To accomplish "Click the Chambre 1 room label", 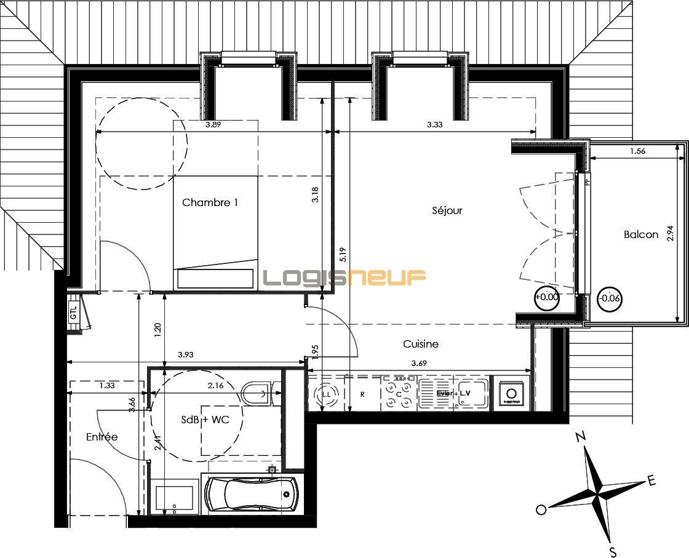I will pyautogui.click(x=210, y=202).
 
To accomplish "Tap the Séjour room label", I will pyautogui.click(x=447, y=210).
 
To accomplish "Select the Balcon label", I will pyautogui.click(x=640, y=234).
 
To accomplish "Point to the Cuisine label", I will pyautogui.click(x=420, y=344).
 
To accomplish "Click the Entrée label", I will pyautogui.click(x=102, y=437).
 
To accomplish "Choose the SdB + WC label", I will pyautogui.click(x=205, y=420).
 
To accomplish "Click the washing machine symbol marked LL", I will pyautogui.click(x=327, y=394).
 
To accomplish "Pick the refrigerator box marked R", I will pyautogui.click(x=362, y=394).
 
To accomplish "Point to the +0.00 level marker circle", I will pyautogui.click(x=546, y=297).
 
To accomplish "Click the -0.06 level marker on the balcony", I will pyautogui.click(x=610, y=299).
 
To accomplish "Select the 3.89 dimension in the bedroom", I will pyautogui.click(x=213, y=125).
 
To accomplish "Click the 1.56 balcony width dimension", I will pyautogui.click(x=637, y=151).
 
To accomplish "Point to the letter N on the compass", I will pyautogui.click(x=579, y=437).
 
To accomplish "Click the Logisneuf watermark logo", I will pyautogui.click(x=344, y=278).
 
